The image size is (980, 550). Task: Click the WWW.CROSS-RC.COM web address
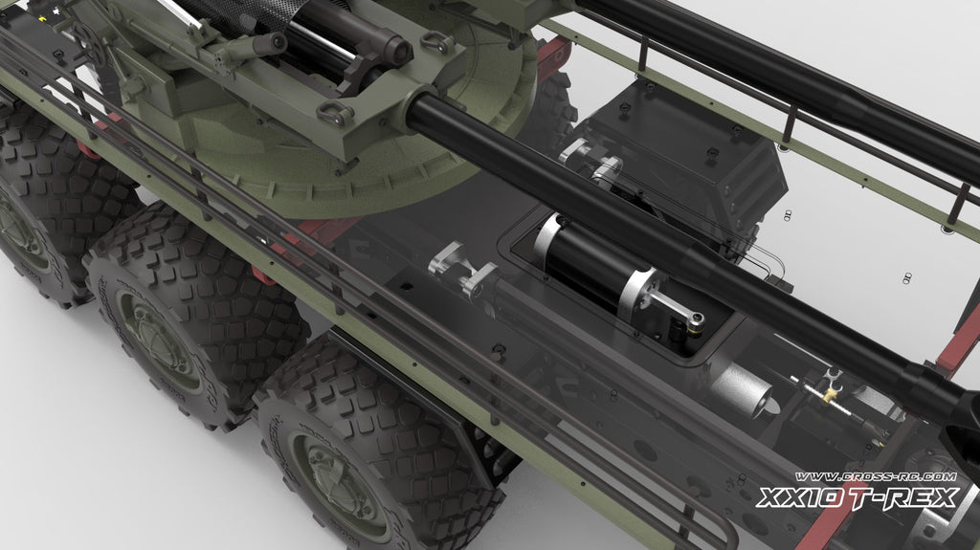pyautogui.click(x=875, y=477)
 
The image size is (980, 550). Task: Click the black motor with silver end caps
pyautogui.click(x=592, y=263)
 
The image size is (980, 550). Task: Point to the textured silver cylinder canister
pyautogui.click(x=742, y=390)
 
